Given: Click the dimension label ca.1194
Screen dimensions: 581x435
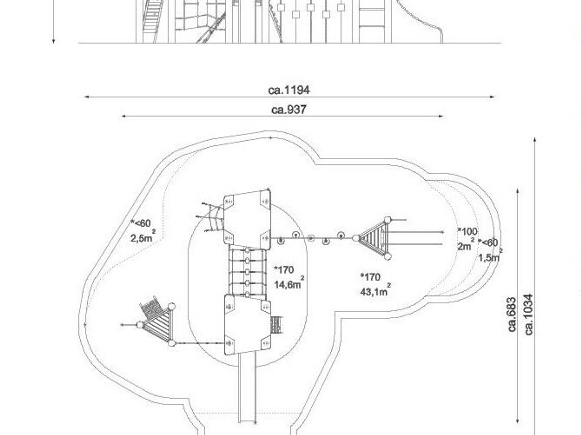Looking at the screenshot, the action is click(289, 90).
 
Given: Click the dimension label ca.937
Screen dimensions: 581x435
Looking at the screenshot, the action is click(289, 109).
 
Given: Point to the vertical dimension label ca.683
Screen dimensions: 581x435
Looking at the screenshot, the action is click(512, 314).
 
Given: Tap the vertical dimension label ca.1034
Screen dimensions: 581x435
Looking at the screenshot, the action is click(529, 314).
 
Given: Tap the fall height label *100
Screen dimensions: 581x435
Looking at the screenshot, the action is click(467, 231).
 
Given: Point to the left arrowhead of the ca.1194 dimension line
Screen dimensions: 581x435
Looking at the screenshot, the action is click(86, 97).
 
